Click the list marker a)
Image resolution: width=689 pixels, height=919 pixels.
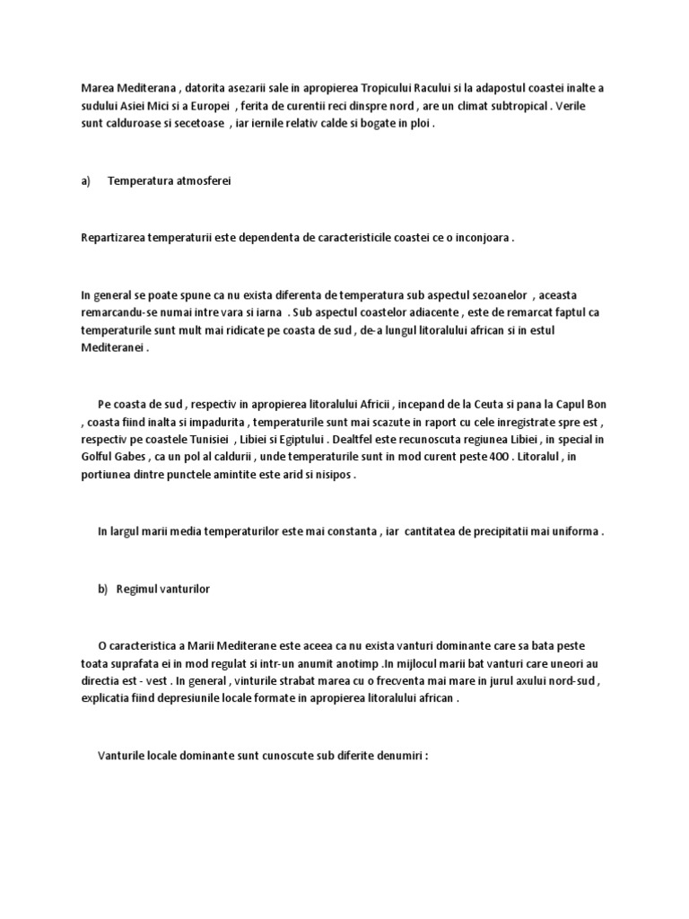click(x=86, y=181)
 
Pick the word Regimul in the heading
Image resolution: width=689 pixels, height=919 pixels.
click(x=135, y=589)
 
